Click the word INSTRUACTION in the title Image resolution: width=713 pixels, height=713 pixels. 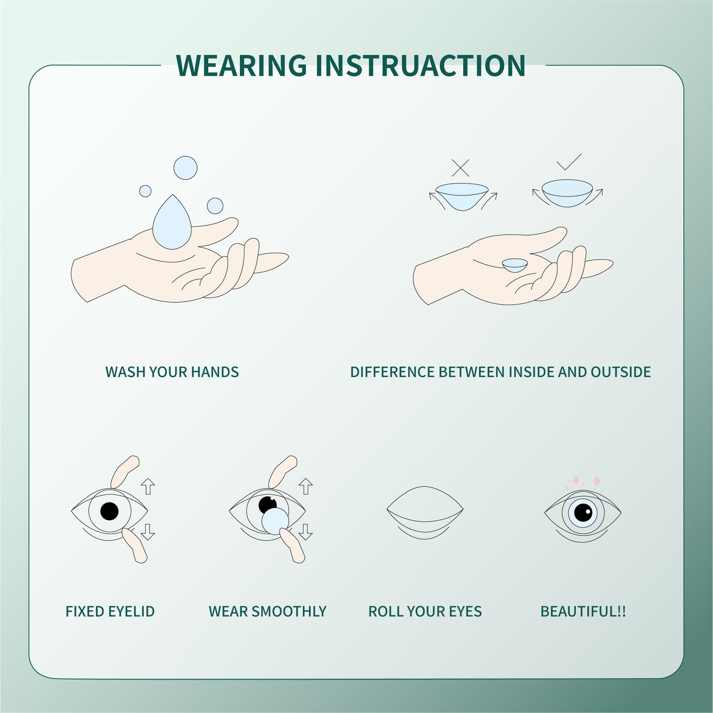coord(420,65)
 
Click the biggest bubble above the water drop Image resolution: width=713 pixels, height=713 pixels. coord(185,168)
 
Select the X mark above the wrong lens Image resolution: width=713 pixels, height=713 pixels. coord(460,168)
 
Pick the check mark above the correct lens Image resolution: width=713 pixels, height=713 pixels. coord(568,162)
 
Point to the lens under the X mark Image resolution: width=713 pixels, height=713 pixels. coord(462,196)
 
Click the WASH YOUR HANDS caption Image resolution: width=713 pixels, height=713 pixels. coord(172,372)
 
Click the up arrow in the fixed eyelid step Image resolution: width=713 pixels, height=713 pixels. coord(148,486)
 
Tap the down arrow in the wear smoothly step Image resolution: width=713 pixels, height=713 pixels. coord(305,531)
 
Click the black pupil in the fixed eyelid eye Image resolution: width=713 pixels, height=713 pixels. coord(109,511)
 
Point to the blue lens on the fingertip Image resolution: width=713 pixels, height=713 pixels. coord(275,521)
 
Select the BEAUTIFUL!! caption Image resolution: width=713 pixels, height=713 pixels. coord(583,611)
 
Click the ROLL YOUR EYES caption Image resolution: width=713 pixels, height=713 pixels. coord(425,611)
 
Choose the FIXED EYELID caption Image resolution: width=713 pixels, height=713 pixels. coord(110,611)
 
